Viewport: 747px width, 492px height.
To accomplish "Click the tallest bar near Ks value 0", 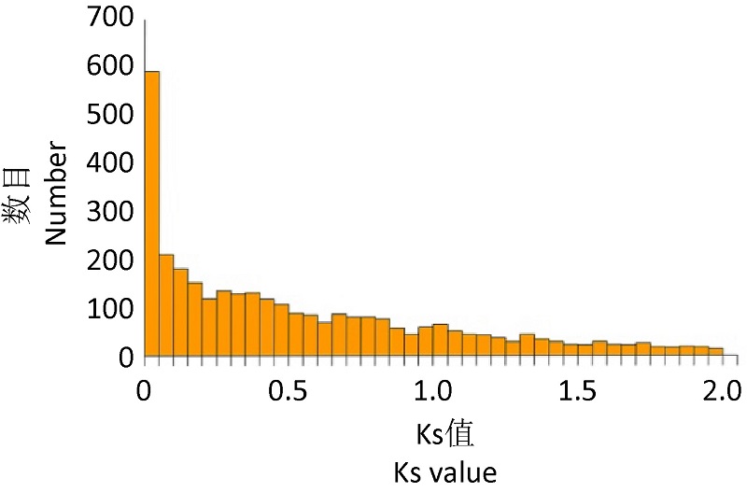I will [152, 215].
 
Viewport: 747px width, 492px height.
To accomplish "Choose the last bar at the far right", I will [716, 352].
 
